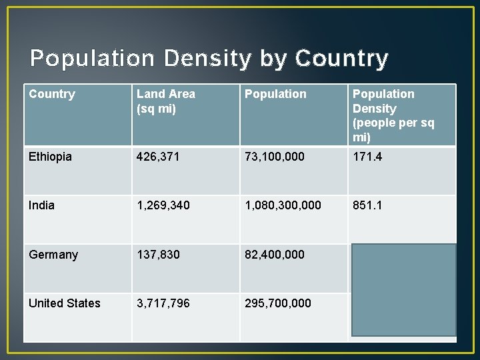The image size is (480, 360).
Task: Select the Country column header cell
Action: (52, 95)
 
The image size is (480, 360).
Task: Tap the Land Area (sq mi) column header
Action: (166, 101)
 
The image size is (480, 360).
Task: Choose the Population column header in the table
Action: (275, 95)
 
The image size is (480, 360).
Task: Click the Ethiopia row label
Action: (50, 157)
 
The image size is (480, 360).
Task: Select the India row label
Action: (41, 205)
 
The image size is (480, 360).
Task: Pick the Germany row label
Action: (53, 255)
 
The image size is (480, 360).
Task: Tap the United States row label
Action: (65, 303)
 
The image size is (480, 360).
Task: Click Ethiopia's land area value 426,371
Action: (158, 157)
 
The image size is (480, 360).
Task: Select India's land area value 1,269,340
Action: (163, 205)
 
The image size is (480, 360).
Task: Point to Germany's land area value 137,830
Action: (158, 255)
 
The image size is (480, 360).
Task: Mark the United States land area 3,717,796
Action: (163, 303)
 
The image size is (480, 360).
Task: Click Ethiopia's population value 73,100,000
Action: (274, 157)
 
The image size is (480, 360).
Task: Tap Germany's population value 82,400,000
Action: (274, 255)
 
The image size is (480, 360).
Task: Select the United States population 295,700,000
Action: (277, 303)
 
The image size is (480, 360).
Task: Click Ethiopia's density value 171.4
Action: (367, 157)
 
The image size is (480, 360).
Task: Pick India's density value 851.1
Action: (367, 205)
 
